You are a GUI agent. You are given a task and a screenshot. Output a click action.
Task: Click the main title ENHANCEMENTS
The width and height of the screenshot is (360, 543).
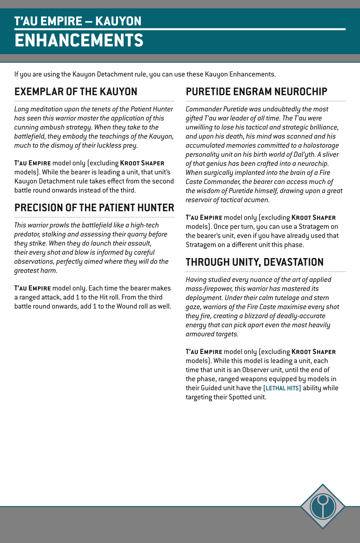(x=79, y=40)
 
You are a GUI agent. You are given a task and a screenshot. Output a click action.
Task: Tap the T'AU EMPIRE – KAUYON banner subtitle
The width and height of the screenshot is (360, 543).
(x=78, y=21)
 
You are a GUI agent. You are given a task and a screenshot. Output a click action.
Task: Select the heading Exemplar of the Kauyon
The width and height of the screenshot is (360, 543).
(x=76, y=91)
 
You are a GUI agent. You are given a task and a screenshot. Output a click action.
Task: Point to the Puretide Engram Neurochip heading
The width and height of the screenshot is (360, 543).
(x=256, y=91)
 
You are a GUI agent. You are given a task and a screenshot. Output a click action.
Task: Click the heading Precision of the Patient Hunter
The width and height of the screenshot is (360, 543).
(x=94, y=208)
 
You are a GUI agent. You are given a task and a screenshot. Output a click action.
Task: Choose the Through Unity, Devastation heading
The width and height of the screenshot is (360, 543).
(x=254, y=262)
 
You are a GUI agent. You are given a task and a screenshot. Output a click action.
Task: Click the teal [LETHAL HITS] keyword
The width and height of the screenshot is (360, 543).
(x=282, y=388)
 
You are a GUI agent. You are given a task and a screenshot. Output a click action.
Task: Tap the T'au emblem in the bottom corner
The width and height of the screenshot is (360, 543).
(x=323, y=506)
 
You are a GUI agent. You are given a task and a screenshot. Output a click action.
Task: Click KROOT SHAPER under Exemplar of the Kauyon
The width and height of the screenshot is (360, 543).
(x=142, y=163)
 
